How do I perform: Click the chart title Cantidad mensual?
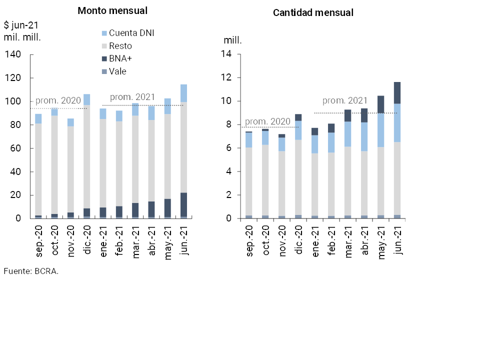click(x=313, y=13)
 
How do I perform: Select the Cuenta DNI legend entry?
click(x=131, y=33)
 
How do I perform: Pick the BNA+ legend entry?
click(x=120, y=58)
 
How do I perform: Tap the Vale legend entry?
click(x=117, y=71)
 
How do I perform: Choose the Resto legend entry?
click(x=120, y=46)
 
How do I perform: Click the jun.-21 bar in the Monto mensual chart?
click(x=184, y=151)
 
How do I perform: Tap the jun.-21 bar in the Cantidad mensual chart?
click(x=397, y=150)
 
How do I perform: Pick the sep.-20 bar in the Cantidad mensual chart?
click(x=248, y=175)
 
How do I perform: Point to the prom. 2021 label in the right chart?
click(x=345, y=100)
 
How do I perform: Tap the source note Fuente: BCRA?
click(x=31, y=271)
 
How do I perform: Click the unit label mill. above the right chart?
click(x=232, y=40)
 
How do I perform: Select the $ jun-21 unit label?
click(x=21, y=25)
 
